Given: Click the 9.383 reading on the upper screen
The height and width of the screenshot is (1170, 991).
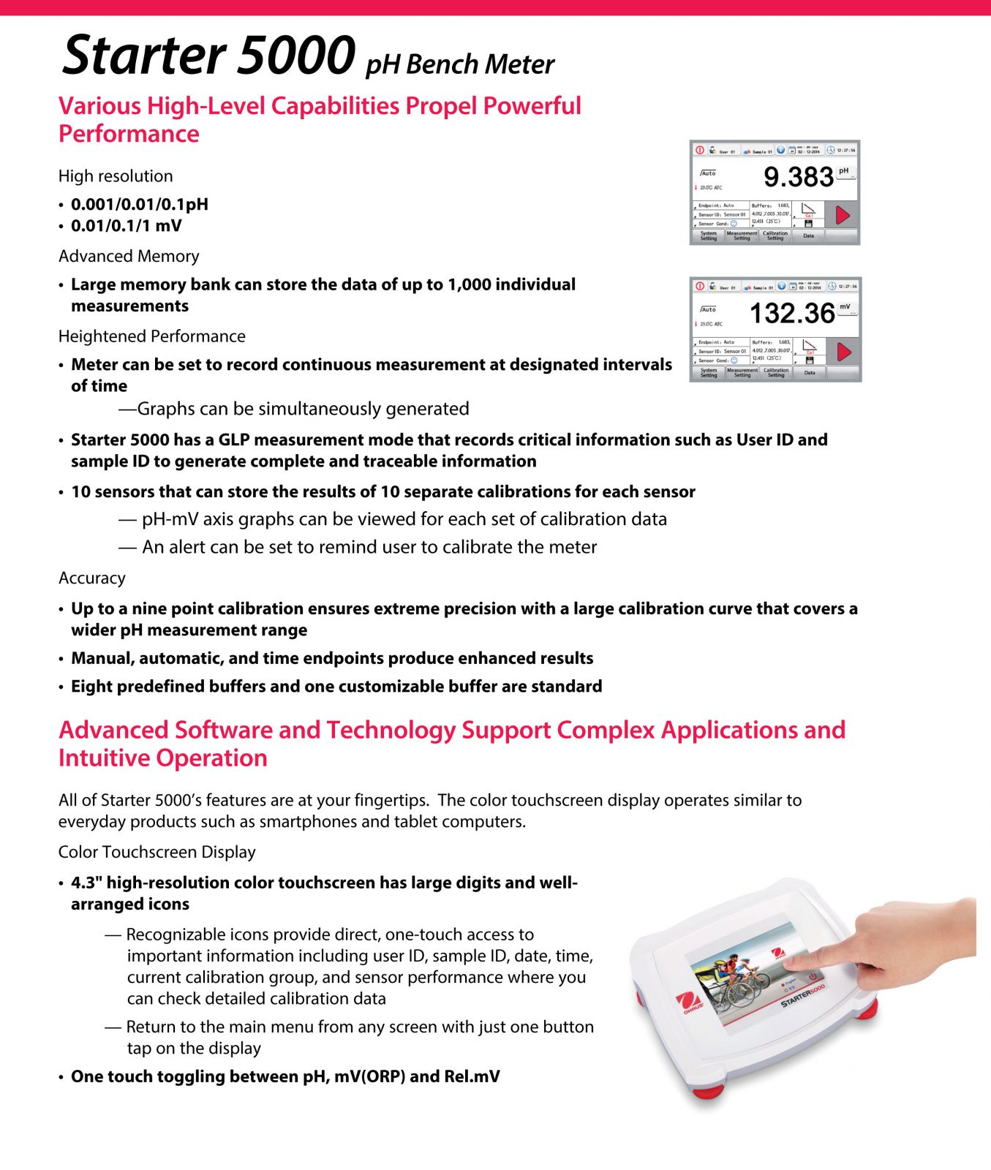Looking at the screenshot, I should point(798,177).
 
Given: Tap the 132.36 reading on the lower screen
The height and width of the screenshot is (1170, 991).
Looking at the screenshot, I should point(792,314).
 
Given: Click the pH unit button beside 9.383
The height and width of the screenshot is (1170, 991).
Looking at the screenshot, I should point(845,173).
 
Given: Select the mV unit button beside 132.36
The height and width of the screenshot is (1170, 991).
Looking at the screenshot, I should point(845,309).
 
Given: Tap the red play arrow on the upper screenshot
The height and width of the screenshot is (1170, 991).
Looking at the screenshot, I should point(843,215).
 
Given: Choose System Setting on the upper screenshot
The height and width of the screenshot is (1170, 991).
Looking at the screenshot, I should point(708,236).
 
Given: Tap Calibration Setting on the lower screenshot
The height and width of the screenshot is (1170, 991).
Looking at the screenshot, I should point(776,373).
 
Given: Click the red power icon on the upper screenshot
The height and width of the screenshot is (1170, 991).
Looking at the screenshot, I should point(700,150).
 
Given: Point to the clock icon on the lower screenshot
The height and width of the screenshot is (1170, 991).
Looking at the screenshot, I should point(832,286).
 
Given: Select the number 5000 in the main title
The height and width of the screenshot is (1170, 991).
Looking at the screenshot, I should point(296,56).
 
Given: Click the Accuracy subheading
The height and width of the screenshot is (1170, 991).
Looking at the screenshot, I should point(92,578).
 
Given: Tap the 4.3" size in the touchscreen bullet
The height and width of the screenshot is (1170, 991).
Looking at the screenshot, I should point(86,883).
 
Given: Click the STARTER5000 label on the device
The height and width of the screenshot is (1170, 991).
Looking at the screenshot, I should point(802,996).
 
